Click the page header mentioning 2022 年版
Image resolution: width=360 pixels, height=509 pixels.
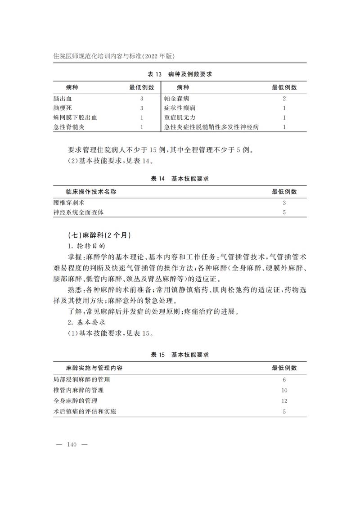[113, 56]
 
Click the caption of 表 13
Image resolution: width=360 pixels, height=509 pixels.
[180, 74]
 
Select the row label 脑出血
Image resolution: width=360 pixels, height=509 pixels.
[63, 98]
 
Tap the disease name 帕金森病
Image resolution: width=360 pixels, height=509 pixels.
[177, 98]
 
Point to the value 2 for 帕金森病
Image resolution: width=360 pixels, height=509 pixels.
[284, 98]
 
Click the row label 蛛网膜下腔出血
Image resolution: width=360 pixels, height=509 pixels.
[75, 117]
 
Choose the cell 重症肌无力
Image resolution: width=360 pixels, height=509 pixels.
[180, 117]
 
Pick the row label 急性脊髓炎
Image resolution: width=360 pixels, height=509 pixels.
[68, 127]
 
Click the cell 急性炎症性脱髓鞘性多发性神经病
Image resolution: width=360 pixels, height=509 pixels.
[211, 127]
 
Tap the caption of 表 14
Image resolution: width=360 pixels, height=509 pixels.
[180, 179]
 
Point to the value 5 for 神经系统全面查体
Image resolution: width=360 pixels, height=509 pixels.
[284, 212]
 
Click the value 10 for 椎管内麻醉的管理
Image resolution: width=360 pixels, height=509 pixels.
[284, 390]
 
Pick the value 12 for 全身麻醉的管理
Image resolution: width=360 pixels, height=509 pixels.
[284, 401]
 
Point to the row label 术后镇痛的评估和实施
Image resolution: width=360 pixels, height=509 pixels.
[84, 411]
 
